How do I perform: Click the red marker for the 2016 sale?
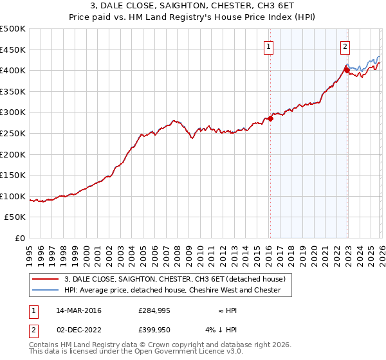point(271,118)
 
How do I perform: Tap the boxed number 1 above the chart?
point(268,46)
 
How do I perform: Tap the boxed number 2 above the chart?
point(345,46)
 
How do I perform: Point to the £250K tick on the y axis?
point(13,133)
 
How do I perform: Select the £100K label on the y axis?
point(13,196)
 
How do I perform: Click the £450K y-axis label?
point(13,50)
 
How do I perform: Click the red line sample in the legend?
point(46,279)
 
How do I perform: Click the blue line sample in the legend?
point(46,290)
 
